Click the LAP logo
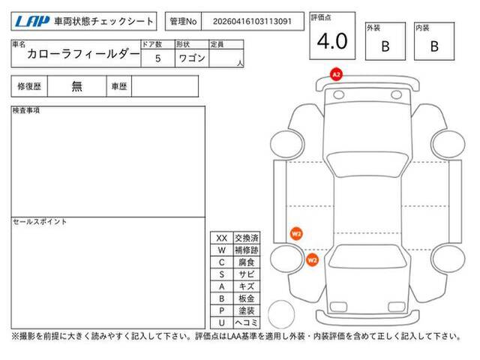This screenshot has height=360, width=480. (32, 22)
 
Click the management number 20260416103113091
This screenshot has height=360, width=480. (252, 22)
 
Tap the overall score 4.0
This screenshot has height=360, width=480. (332, 41)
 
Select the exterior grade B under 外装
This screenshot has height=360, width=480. (385, 46)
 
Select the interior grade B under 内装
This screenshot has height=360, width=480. (434, 46)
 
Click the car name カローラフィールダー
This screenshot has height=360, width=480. (83, 54)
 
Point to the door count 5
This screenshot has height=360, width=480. (157, 58)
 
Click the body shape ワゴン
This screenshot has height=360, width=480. (192, 58)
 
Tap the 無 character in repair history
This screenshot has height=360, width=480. (76, 86)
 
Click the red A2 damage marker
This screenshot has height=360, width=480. (336, 74)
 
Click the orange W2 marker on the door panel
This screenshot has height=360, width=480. (296, 234)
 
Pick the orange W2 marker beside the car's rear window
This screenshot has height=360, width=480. (312, 260)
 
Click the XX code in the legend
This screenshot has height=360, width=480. (222, 238)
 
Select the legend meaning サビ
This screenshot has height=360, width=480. (247, 274)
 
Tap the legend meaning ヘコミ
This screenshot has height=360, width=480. (247, 322)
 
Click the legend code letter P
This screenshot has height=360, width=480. (222, 310)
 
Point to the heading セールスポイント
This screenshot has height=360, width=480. (40, 222)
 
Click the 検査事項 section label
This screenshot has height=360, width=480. (26, 110)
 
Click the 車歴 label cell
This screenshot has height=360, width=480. (119, 86)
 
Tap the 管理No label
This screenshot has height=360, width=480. (183, 22)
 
